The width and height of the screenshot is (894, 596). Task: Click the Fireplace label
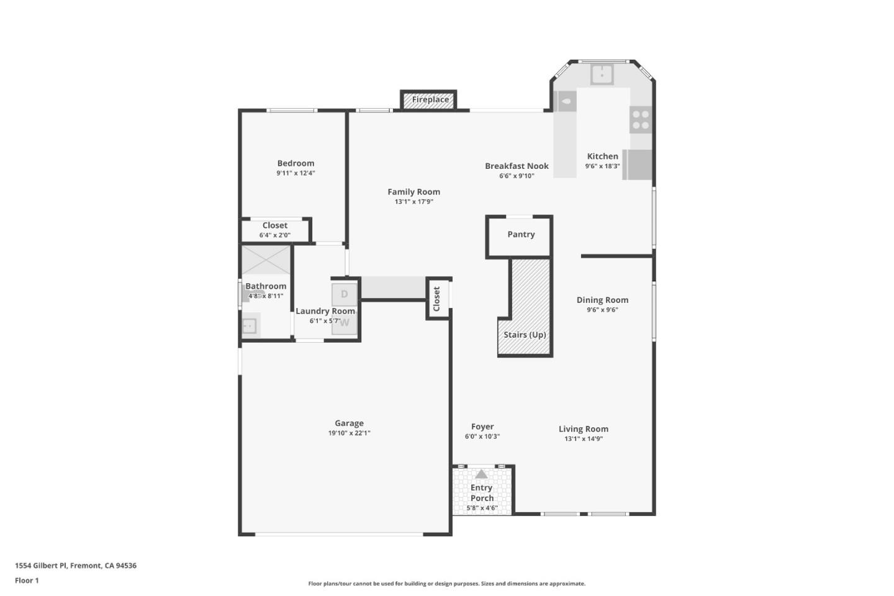(x=430, y=99)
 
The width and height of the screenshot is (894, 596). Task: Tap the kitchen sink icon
(x=602, y=74)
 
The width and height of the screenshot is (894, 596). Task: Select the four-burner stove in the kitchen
(x=641, y=120)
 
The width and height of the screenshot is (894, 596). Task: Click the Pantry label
(x=521, y=235)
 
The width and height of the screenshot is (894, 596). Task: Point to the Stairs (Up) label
(x=525, y=335)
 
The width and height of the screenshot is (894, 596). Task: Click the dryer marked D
(x=344, y=294)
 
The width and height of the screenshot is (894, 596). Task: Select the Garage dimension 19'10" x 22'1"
(x=349, y=433)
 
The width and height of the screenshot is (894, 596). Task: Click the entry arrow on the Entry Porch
(x=481, y=474)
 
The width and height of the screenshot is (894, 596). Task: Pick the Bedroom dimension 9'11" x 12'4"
(x=296, y=173)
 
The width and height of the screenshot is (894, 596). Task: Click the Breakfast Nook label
(x=517, y=166)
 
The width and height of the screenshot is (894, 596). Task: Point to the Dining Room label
(x=602, y=300)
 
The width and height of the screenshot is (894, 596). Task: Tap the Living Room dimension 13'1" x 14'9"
(x=583, y=439)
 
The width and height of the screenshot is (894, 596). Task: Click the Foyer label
(x=482, y=427)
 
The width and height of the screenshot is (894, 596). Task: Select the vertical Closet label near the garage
(x=436, y=299)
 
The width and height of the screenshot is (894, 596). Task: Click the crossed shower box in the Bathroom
(x=266, y=260)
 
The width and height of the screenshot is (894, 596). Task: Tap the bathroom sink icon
(x=250, y=325)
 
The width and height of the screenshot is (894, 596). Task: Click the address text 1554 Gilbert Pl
(x=41, y=566)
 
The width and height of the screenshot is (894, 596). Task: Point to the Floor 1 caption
(x=27, y=580)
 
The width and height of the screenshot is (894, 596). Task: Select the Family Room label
(x=413, y=192)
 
